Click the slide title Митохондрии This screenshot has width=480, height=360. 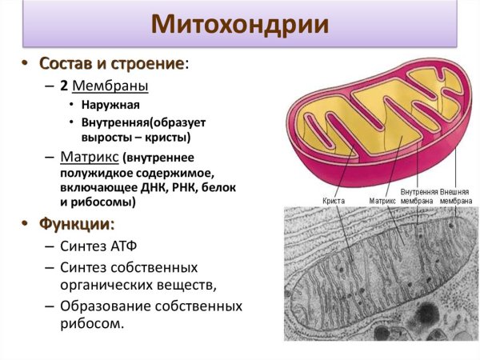(240, 24)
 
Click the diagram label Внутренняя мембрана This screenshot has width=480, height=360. (418, 197)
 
